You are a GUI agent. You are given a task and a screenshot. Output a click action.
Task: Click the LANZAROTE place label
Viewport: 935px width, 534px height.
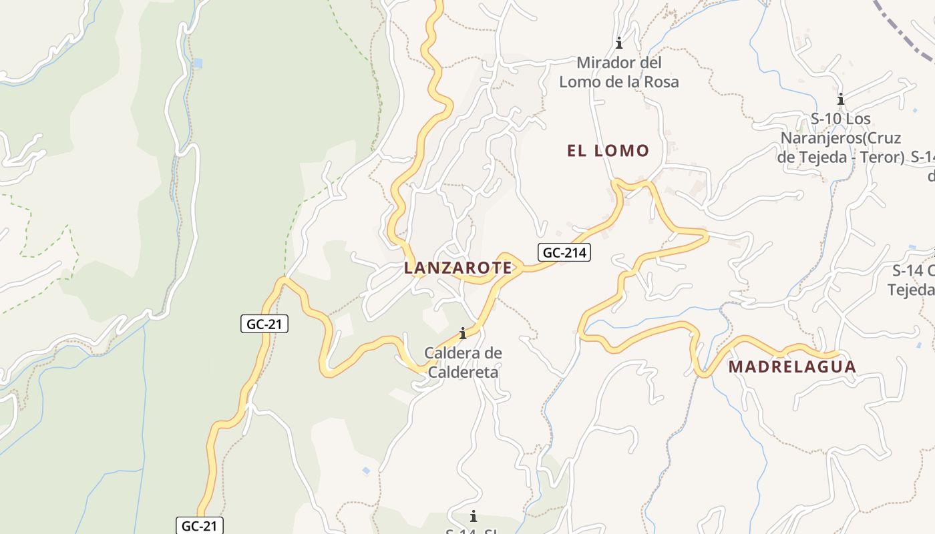point(457,268)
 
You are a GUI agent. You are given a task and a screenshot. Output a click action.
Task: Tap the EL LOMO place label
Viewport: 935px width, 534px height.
point(608,151)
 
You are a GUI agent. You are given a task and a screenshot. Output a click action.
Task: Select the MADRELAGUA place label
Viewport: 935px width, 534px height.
point(792,367)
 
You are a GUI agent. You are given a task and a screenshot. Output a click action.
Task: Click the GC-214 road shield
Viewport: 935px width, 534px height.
point(564,253)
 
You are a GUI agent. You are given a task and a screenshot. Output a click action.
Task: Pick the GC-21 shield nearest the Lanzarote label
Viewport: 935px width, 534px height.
point(264,324)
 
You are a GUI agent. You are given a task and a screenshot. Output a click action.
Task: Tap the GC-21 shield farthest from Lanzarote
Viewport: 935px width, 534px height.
point(199,525)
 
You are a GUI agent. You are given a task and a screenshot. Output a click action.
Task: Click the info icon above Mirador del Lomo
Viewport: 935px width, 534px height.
point(619,43)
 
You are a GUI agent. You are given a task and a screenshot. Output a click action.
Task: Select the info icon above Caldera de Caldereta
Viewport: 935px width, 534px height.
point(462,333)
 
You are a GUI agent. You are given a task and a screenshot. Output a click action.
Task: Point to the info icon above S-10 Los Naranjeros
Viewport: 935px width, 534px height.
point(841,99)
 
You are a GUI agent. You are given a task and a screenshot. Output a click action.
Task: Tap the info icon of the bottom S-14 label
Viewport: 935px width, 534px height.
point(474,516)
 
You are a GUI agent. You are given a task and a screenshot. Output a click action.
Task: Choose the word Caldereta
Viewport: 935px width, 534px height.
point(463,372)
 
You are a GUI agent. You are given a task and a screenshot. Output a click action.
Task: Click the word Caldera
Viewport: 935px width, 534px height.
point(453,353)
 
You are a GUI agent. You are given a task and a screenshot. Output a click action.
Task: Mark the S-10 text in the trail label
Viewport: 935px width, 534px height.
point(826,119)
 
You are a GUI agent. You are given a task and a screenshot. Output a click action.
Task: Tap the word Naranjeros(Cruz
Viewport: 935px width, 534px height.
point(841,138)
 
